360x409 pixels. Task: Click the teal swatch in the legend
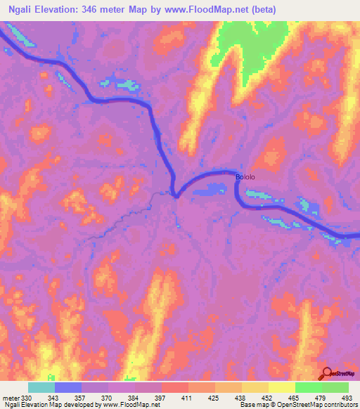(41, 387)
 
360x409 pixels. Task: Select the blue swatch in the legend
(68, 387)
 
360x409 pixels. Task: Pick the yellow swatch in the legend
(282, 387)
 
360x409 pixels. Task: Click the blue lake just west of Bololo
(213, 189)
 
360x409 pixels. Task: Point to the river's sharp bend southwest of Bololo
(175, 195)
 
